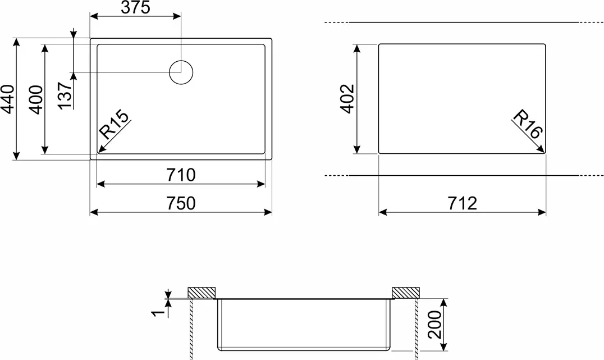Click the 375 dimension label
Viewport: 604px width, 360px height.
(x=136, y=8)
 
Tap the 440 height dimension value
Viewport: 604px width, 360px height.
(x=8, y=99)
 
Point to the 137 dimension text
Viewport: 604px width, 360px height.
(x=66, y=95)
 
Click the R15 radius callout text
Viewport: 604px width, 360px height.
(x=113, y=125)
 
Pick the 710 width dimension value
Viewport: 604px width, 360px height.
(x=181, y=175)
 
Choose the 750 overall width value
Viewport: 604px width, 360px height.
(x=181, y=203)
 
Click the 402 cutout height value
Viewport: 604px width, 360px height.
(x=347, y=99)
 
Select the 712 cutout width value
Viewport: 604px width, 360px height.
(x=462, y=203)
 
